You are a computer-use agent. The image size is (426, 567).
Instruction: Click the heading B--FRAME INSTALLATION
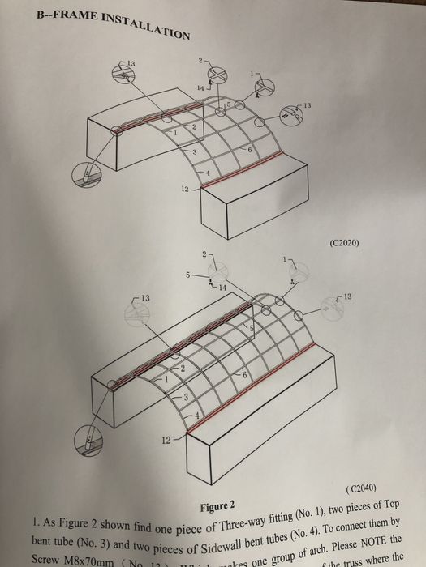pos(114,24)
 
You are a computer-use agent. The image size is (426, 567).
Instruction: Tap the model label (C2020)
pos(346,243)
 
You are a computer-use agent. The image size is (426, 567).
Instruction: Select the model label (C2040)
pos(360,489)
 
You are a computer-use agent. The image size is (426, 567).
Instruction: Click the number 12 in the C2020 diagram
pos(186,190)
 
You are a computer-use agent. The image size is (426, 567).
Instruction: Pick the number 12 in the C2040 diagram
pos(166,441)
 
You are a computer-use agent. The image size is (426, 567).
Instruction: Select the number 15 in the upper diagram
pos(227,105)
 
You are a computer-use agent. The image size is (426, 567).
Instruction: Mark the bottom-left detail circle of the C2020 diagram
pos(87,173)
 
